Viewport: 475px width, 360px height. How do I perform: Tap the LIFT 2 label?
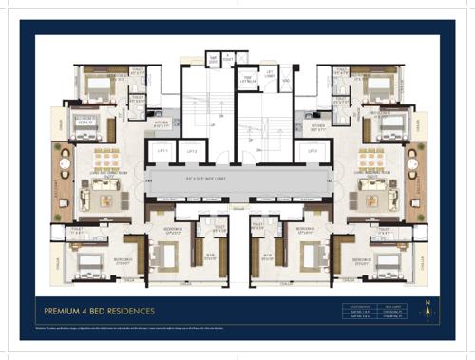(191, 151)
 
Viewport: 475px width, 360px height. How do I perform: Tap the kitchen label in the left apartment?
(161, 123)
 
